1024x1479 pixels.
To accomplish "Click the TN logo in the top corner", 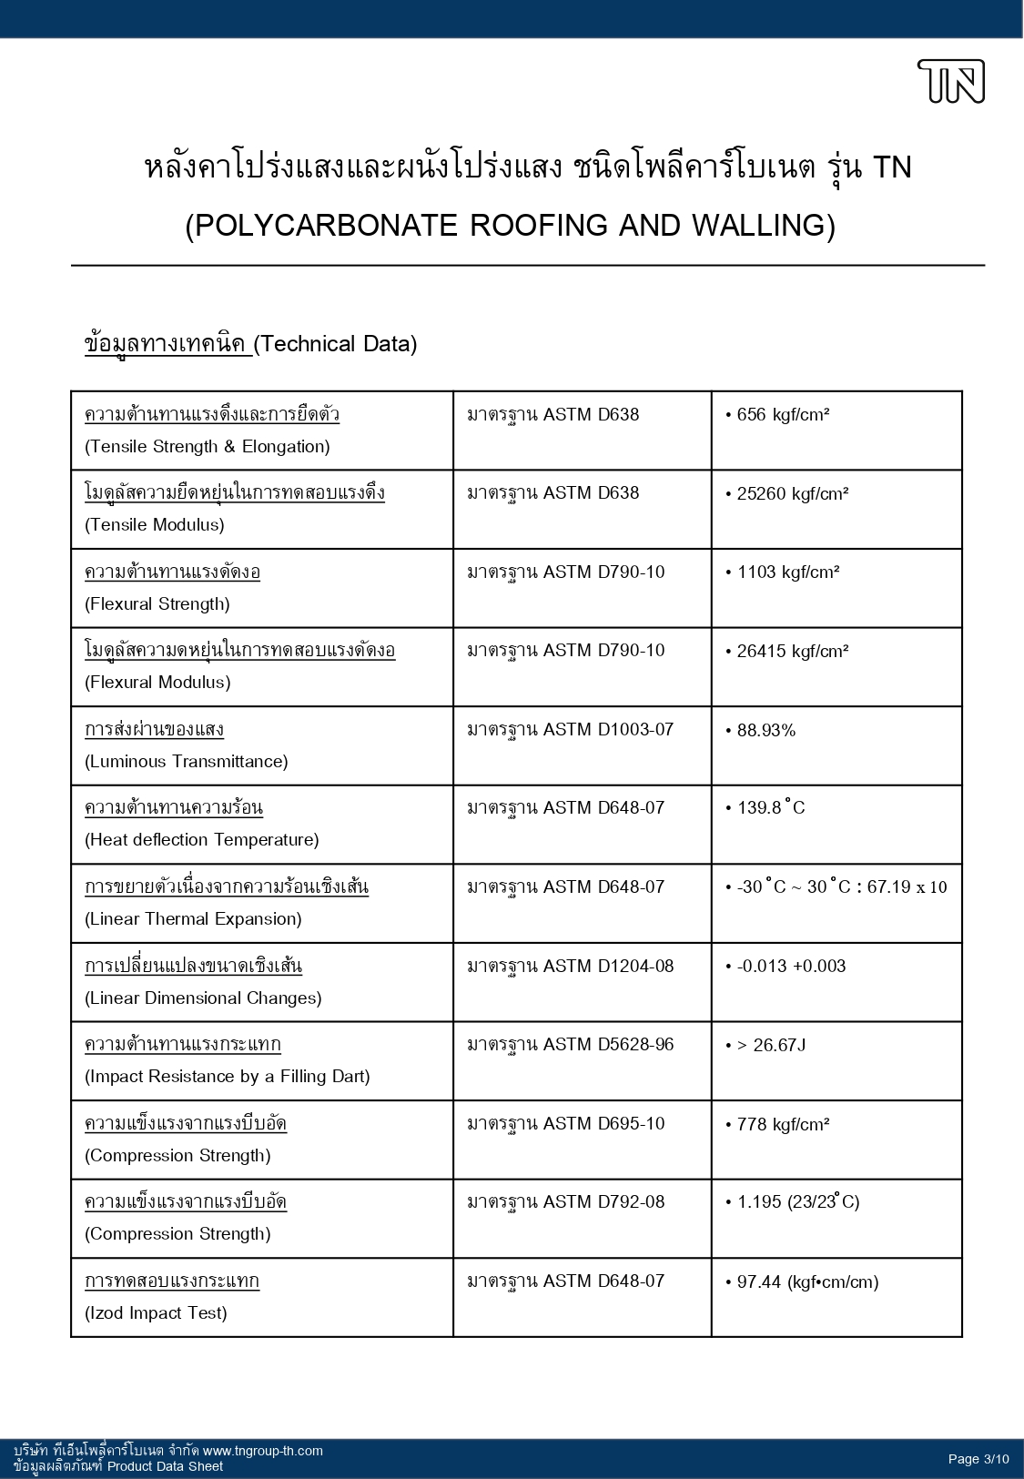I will [951, 81].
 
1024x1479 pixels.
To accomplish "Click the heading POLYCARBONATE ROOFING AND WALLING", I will [510, 225].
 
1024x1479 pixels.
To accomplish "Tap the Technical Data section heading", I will [250, 344].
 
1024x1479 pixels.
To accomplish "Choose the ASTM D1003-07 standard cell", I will [571, 729].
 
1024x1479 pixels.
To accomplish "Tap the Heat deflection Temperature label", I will [201, 839].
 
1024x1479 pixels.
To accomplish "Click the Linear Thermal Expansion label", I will [193, 918].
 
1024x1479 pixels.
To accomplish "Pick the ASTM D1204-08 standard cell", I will [571, 966].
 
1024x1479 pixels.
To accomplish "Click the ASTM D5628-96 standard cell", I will [571, 1044].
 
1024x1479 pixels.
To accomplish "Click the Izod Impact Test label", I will [156, 1312].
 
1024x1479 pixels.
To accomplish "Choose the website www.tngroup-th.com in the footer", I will [262, 1451].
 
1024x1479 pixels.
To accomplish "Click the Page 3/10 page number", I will [978, 1459].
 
